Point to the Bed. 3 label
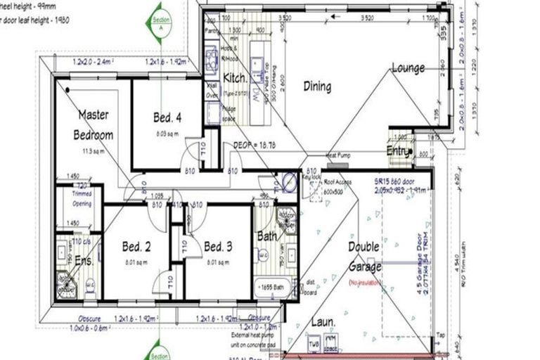(218, 247)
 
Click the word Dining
(317, 86)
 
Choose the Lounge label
(408, 69)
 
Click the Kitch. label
(234, 77)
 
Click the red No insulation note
(364, 282)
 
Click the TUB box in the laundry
(314, 345)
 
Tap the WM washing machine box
(335, 345)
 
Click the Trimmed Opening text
(82, 200)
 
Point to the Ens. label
(84, 260)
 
